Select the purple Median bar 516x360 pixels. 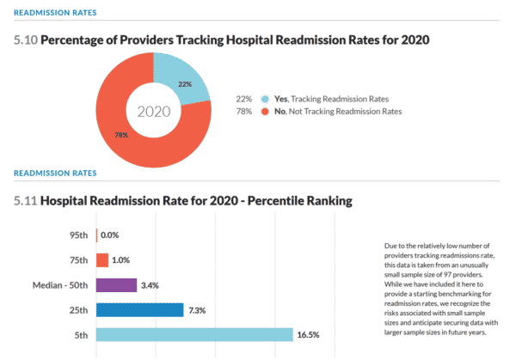click(x=116, y=284)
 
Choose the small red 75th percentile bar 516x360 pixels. click(x=102, y=259)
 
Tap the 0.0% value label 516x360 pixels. click(x=110, y=235)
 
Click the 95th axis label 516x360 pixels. click(x=78, y=235)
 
